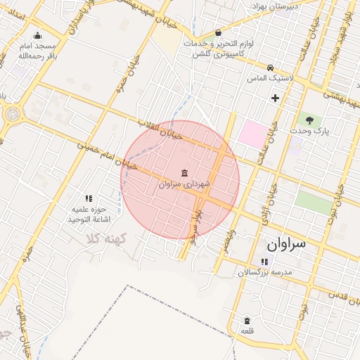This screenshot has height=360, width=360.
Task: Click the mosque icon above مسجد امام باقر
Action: [x=37, y=36]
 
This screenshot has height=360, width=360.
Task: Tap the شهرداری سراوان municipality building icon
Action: [x=184, y=173]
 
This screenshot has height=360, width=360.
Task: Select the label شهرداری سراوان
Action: [x=184, y=184]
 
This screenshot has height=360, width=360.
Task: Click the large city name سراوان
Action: [x=286, y=244]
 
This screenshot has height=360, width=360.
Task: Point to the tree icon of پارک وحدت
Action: [x=309, y=120]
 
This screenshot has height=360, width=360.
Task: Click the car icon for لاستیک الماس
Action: [x=270, y=67]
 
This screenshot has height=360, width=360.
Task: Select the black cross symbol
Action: [x=275, y=98]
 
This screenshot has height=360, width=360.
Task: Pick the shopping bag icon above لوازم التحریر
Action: [x=218, y=32]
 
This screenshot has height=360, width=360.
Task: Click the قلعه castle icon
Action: [x=246, y=320]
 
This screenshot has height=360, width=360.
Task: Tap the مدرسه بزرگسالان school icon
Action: [x=264, y=262]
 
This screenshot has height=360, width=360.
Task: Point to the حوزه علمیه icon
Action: [x=89, y=199]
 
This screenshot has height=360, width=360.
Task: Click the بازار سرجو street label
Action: [x=200, y=221]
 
